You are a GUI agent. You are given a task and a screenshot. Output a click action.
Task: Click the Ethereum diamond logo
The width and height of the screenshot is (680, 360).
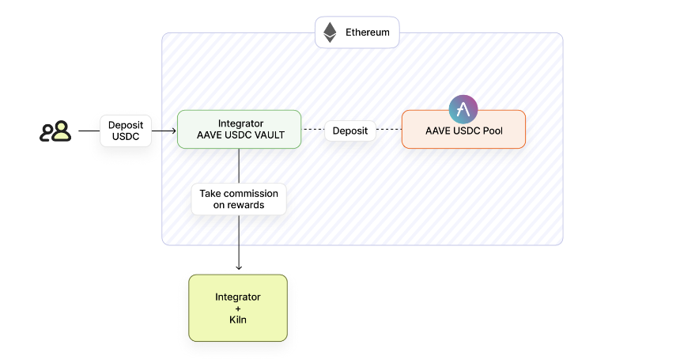(x=330, y=32)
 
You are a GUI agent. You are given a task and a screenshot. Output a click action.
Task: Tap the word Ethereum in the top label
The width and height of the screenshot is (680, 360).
(x=368, y=32)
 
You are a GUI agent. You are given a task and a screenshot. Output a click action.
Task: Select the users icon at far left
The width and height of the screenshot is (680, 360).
(x=55, y=131)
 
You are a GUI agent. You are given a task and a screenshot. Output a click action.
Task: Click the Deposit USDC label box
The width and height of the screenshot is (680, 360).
(x=126, y=131)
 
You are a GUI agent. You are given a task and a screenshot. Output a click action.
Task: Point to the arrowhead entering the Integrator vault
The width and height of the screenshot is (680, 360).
(x=174, y=131)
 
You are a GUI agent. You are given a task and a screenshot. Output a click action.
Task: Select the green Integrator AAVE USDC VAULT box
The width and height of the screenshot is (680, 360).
(x=239, y=129)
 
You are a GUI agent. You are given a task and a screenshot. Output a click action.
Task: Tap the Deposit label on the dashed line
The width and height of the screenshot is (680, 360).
(x=350, y=131)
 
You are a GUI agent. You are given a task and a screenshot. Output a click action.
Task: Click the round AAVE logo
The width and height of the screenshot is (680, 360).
(x=463, y=109)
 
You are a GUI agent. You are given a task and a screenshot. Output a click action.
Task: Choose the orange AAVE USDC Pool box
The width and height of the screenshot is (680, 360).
(x=463, y=129)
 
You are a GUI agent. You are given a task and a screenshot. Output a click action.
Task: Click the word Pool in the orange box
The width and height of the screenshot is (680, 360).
(x=493, y=131)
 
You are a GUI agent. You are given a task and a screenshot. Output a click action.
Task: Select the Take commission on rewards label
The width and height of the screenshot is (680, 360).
(x=239, y=199)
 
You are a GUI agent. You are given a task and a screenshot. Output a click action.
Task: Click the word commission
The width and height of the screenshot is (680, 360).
(x=251, y=193)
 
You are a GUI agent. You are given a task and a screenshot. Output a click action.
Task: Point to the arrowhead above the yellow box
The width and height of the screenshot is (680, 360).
(x=239, y=267)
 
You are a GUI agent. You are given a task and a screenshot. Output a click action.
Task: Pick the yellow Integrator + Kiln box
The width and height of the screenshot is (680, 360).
(x=238, y=308)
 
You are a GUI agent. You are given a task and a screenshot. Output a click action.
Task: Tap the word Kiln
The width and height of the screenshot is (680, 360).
(x=238, y=320)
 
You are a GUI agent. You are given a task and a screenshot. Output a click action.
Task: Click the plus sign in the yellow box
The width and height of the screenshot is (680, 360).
(x=238, y=309)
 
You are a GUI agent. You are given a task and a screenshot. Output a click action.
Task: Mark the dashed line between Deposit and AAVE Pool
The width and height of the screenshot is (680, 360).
(x=388, y=129)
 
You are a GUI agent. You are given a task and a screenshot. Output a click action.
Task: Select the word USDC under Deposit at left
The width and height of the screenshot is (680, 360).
(x=126, y=137)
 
